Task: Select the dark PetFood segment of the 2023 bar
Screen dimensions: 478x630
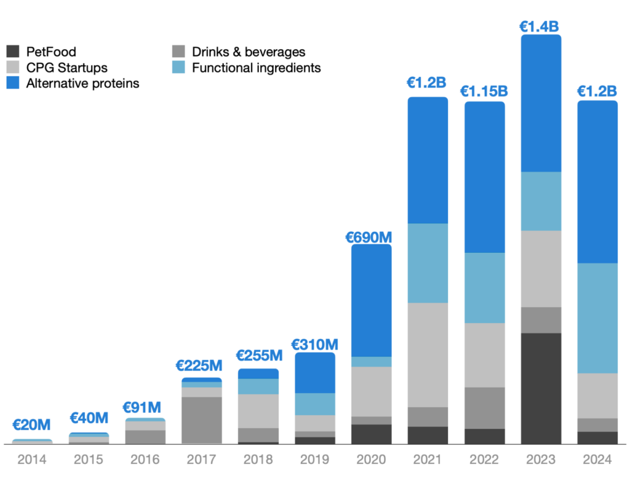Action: coord(541,388)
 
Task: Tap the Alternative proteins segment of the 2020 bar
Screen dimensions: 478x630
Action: coord(371,300)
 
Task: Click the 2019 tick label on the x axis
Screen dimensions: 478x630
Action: coord(314,460)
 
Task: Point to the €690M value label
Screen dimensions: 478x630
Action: coord(371,236)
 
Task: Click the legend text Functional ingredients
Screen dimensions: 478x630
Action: coord(256,68)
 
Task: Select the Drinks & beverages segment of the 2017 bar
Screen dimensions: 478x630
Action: coord(202,420)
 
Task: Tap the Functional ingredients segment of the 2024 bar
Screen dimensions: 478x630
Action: coord(597,318)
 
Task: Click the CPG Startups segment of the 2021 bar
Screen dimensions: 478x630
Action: coord(428,354)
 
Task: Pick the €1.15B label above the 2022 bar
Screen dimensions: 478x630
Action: coord(484,91)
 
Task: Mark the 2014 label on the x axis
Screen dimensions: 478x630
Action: coord(31,460)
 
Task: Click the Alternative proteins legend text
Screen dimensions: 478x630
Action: coord(82,83)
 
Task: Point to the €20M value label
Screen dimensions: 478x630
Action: coord(31,425)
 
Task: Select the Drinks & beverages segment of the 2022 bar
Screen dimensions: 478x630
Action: coord(484,407)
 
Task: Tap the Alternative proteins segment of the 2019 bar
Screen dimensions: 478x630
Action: coord(314,373)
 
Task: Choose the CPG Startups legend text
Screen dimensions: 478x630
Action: coord(66,68)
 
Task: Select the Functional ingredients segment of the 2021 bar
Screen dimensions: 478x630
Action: coord(428,263)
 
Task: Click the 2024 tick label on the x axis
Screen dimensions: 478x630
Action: coord(597,460)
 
